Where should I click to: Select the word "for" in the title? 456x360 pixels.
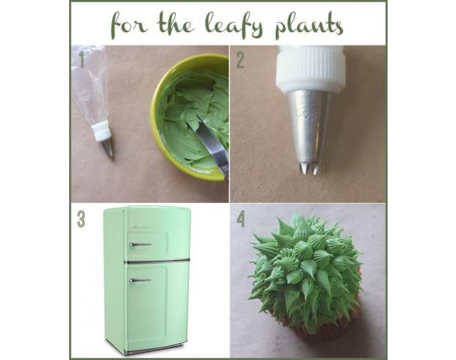129,26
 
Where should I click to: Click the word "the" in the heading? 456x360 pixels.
176,24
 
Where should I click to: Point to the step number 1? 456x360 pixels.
82,60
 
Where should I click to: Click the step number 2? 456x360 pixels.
241,60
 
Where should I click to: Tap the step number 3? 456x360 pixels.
81,219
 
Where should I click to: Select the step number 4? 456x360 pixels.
241,219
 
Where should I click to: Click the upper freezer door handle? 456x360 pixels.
140,245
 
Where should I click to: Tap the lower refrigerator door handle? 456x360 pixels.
140,280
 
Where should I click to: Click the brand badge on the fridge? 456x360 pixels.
140,226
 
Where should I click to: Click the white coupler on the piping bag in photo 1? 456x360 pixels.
101,132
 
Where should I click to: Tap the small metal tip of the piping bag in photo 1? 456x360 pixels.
107,149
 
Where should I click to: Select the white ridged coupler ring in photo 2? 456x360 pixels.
311,69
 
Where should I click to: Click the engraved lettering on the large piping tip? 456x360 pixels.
306,111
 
